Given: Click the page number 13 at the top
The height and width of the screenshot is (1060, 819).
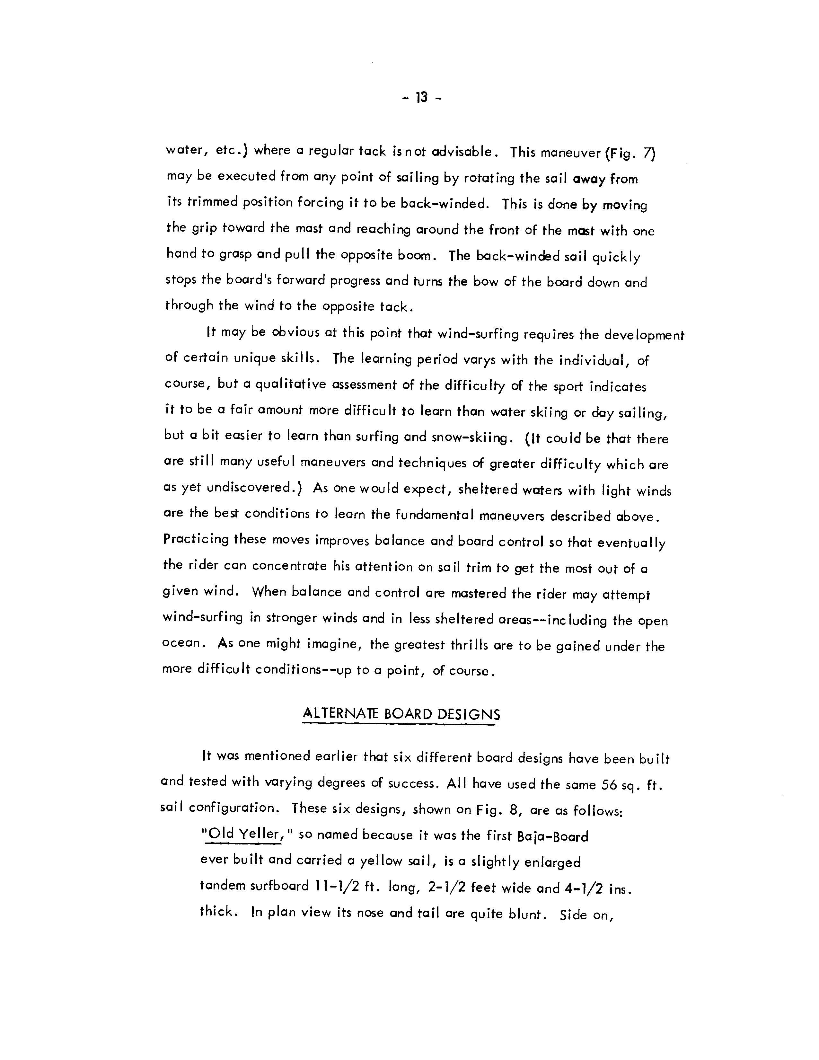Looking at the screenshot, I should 422,98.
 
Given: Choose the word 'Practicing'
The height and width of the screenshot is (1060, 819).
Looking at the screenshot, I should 196,539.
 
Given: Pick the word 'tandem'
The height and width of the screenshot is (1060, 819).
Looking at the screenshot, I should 223,886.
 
